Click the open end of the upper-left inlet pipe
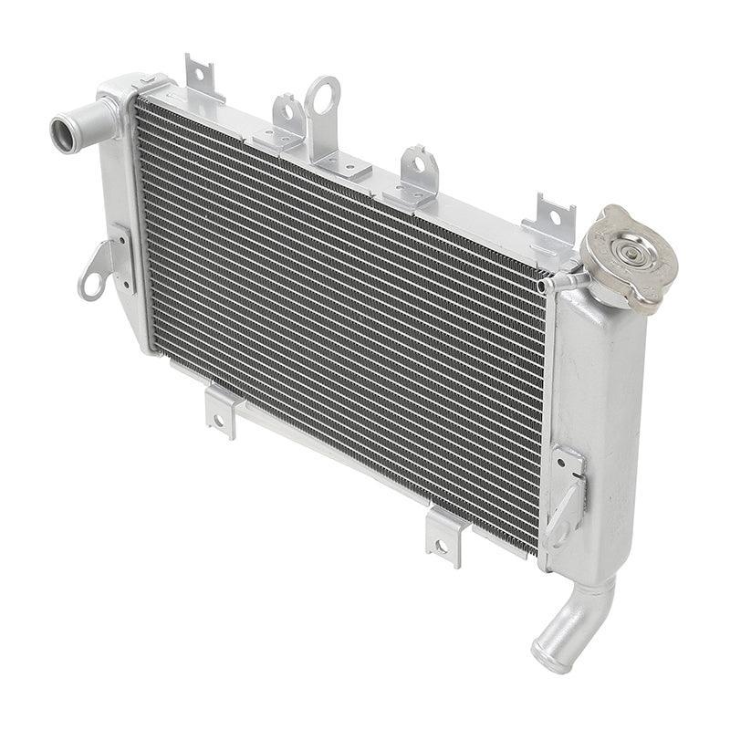[x=61, y=134]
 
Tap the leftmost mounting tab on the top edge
[x=202, y=77]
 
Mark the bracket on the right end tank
[x=567, y=493]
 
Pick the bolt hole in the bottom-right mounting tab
[x=441, y=547]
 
